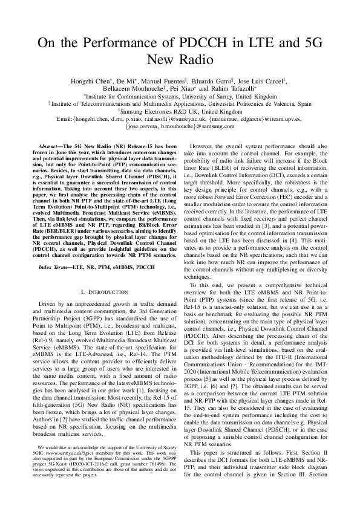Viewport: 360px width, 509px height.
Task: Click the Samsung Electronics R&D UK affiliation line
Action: (180, 112)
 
